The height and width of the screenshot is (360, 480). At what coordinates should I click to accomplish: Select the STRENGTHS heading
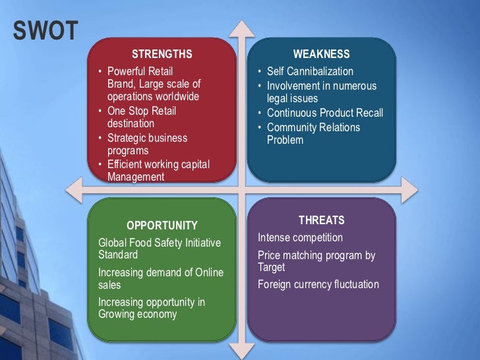[162, 54]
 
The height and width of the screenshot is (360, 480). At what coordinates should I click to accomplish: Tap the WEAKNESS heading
[321, 54]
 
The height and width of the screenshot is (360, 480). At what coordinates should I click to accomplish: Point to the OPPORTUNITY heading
[162, 225]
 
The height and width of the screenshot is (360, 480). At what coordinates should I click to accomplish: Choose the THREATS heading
[321, 220]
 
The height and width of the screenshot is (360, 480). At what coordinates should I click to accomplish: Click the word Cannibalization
[319, 71]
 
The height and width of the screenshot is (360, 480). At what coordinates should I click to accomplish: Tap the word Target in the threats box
[272, 268]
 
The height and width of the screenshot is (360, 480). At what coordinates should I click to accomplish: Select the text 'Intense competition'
[300, 237]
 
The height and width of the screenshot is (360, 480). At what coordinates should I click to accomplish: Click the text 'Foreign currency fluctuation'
[318, 284]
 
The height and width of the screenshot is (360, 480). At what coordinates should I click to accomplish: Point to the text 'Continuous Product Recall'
[325, 113]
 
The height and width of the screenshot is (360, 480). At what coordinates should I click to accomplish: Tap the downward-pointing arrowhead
[242, 351]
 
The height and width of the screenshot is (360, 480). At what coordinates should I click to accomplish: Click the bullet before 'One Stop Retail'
[100, 111]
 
